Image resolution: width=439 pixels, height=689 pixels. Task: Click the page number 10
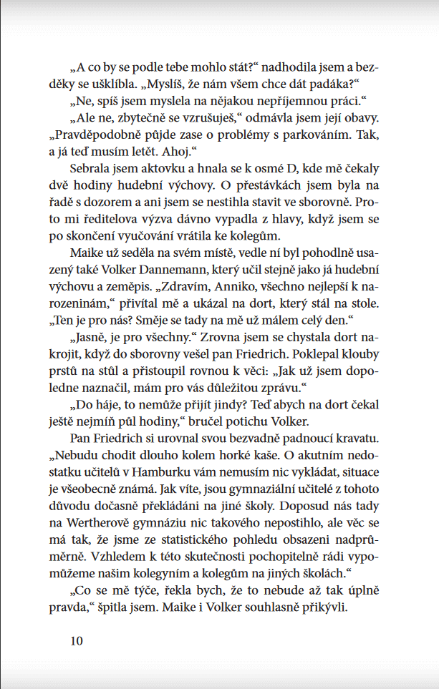pos(77,640)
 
